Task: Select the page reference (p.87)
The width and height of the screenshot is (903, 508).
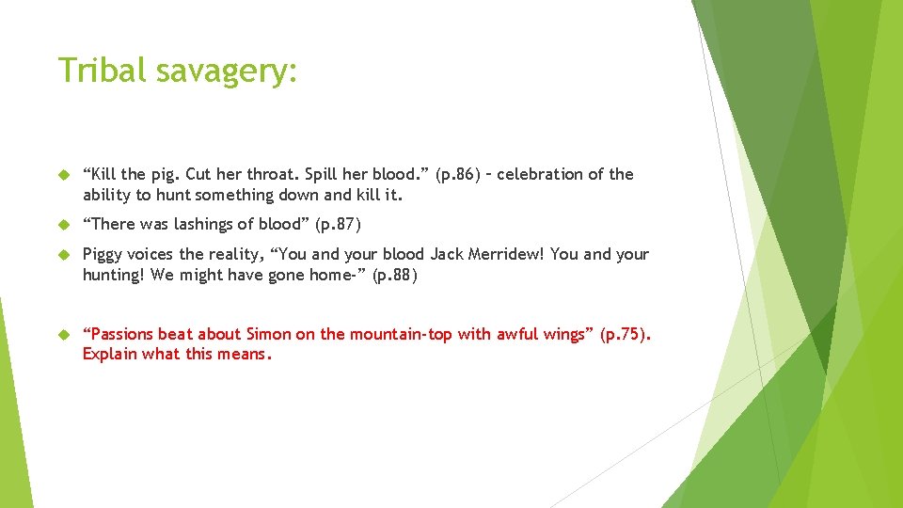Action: pos(338,224)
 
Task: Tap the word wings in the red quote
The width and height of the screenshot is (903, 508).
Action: pos(561,334)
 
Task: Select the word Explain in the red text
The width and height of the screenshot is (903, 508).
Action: pos(110,354)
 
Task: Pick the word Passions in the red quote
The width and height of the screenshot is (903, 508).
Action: pos(119,334)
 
